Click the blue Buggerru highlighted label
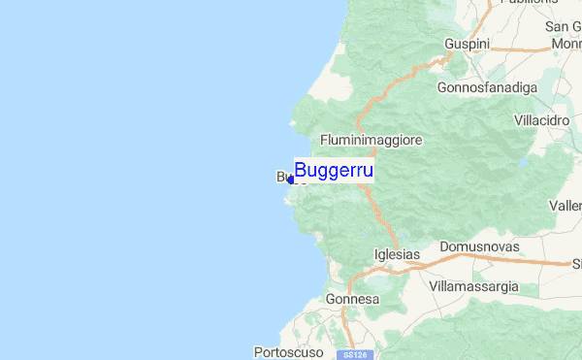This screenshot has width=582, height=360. pyautogui.click(x=334, y=171)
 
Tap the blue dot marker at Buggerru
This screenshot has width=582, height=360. pyautogui.click(x=291, y=180)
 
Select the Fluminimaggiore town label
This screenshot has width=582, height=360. pyautogui.click(x=371, y=140)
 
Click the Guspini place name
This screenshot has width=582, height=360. pyautogui.click(x=469, y=44)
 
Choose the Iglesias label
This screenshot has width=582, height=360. pyautogui.click(x=397, y=254)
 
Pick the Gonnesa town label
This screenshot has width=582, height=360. pyautogui.click(x=352, y=300)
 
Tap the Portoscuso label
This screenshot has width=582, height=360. pyautogui.click(x=287, y=351)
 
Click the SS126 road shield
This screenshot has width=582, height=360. pyautogui.click(x=354, y=355)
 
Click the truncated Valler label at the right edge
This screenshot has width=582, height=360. pyautogui.click(x=566, y=206)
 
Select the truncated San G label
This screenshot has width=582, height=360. pyautogui.click(x=564, y=26)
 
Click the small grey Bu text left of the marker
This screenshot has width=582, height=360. pyautogui.click(x=282, y=177)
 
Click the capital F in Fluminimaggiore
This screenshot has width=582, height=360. pyautogui.click(x=323, y=140)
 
